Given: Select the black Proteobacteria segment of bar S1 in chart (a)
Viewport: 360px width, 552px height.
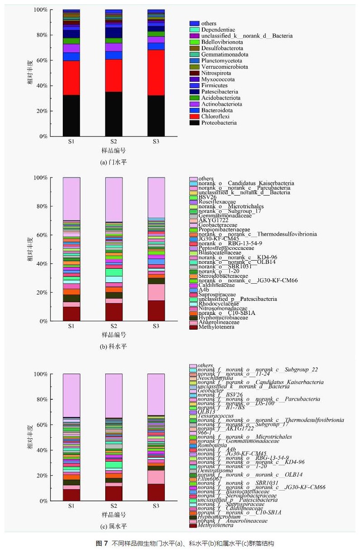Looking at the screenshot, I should [x=71, y=115].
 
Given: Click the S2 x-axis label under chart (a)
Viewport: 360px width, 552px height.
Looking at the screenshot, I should [x=114, y=142].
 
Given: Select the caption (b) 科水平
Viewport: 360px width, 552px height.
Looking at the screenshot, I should [x=113, y=347].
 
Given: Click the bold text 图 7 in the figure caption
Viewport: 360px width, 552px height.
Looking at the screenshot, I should [x=102, y=543].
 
